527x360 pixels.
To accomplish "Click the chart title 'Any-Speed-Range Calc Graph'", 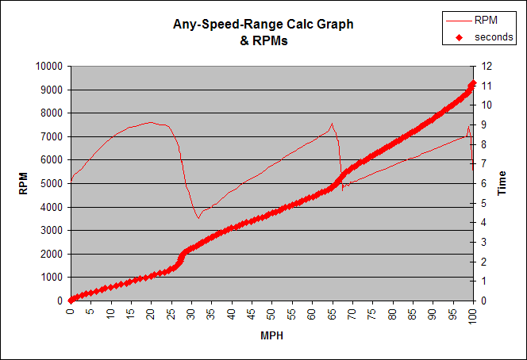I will (263, 25).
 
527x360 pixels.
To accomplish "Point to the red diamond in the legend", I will (459, 37).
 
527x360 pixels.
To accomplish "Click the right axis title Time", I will (502, 183).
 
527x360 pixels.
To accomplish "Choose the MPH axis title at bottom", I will (271, 336).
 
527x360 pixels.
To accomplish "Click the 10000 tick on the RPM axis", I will (49, 67).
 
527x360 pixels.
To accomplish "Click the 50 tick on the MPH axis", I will (272, 313).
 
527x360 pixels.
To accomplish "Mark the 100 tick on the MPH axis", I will (474, 316).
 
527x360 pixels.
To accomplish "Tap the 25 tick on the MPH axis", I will (171, 313).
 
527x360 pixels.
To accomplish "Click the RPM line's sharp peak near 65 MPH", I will (332, 123).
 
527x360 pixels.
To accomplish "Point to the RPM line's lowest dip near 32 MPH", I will (198, 217).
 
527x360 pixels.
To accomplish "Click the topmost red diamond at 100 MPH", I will (473, 82).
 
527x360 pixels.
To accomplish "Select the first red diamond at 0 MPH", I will (71, 301).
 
